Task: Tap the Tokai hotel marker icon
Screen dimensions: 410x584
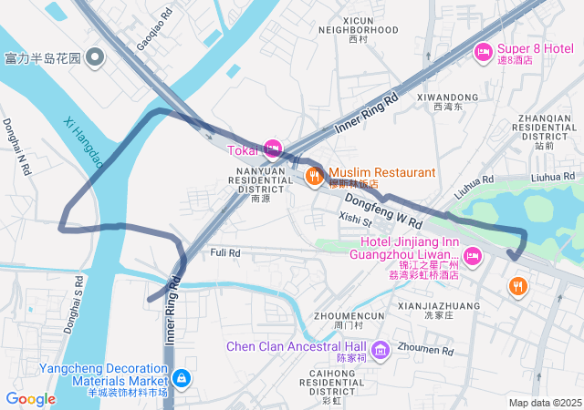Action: click(x=272, y=149)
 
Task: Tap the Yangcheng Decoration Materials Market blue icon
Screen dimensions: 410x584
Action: click(x=181, y=377)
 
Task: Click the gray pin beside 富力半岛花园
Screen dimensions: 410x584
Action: click(x=96, y=58)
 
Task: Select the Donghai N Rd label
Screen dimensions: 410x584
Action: click(x=17, y=146)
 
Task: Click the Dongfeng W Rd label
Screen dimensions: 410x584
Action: click(x=383, y=209)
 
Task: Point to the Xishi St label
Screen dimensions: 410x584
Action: click(x=356, y=220)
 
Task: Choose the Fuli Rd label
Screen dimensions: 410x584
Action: click(x=224, y=252)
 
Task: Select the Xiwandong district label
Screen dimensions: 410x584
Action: click(x=447, y=101)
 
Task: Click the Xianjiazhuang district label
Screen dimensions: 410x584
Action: click(x=433, y=309)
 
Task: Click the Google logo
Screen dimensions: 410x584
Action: click(x=30, y=398)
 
